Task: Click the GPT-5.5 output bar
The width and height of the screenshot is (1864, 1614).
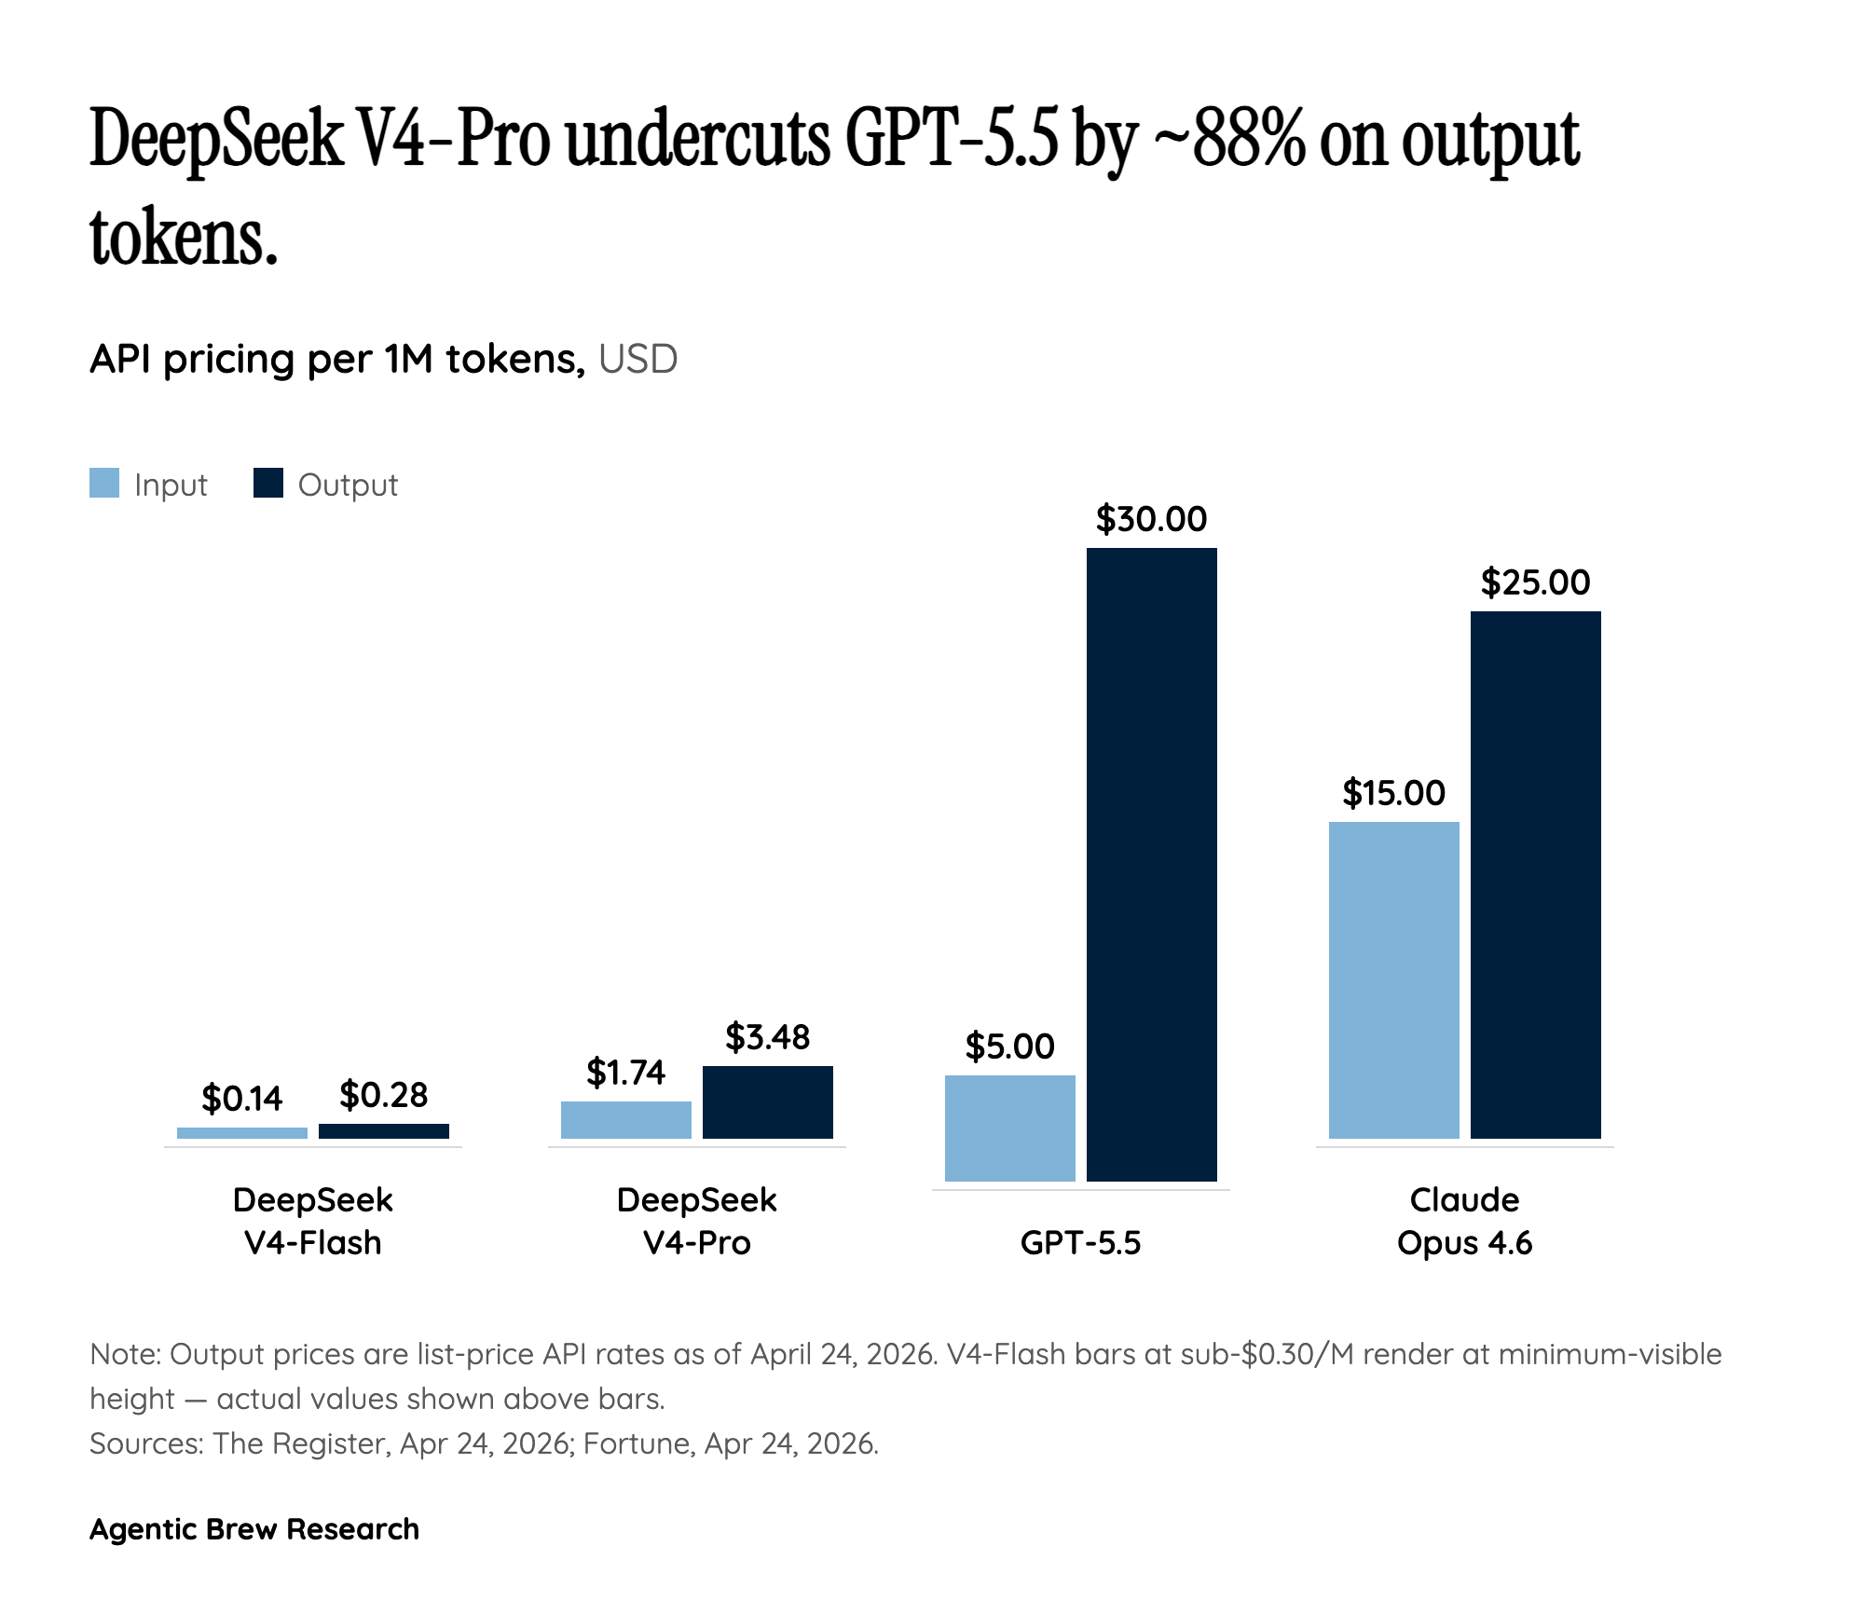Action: click(1151, 864)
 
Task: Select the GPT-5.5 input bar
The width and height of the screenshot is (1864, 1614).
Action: click(1009, 1128)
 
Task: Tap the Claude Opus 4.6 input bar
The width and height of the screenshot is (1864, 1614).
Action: click(1393, 979)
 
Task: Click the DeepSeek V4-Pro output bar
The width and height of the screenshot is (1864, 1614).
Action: click(767, 1101)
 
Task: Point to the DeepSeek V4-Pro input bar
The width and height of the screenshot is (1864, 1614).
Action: click(625, 1119)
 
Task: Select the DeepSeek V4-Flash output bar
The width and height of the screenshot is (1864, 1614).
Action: click(383, 1130)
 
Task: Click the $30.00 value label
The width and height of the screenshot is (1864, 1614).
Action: click(1151, 519)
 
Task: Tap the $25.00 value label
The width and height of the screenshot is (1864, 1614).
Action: click(1535, 582)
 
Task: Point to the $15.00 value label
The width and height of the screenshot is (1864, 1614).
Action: click(1393, 793)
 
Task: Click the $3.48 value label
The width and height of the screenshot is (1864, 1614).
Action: click(767, 1036)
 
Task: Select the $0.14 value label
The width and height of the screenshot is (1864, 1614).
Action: click(241, 1099)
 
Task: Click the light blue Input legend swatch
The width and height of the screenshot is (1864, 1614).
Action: click(104, 484)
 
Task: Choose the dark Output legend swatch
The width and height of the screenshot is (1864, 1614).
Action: click(268, 484)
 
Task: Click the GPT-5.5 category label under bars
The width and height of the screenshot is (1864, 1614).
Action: click(1080, 1242)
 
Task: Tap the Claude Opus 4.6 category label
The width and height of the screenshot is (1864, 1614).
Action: click(1464, 1221)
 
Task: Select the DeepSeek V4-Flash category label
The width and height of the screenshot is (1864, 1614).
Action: click(312, 1221)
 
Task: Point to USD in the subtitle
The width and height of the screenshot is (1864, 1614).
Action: click(637, 359)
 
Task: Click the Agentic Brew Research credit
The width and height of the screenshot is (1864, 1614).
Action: click(254, 1529)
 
